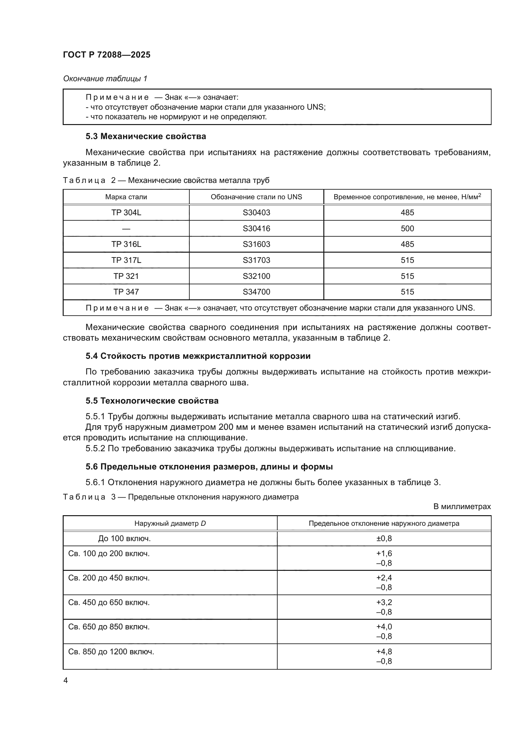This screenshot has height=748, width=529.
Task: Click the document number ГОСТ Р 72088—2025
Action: click(107, 55)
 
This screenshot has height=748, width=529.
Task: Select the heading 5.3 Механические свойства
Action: click(146, 136)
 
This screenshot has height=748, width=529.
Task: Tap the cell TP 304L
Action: click(126, 213)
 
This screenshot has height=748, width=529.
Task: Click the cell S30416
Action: click(257, 228)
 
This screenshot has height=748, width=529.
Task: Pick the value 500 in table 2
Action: click(407, 228)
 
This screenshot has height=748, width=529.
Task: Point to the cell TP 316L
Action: click(126, 244)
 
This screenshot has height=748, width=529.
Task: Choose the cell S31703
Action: click(257, 260)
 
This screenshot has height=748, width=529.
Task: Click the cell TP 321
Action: click(126, 276)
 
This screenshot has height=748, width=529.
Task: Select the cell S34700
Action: click(257, 292)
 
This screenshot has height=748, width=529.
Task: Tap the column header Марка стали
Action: click(126, 197)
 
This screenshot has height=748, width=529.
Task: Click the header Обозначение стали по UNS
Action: click(257, 197)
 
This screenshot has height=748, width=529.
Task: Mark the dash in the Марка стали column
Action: click(126, 229)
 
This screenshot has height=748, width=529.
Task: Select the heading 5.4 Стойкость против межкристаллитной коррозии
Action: click(198, 356)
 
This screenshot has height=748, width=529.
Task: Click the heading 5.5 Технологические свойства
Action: click(152, 401)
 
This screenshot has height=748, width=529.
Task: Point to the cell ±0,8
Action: click(384, 539)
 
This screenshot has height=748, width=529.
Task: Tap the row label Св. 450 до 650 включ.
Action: click(109, 602)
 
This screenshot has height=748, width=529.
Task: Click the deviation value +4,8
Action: click(384, 651)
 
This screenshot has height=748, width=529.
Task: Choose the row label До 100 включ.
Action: click(124, 539)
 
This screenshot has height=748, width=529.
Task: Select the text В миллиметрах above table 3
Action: click(462, 507)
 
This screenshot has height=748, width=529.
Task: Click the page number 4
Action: click(66, 681)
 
